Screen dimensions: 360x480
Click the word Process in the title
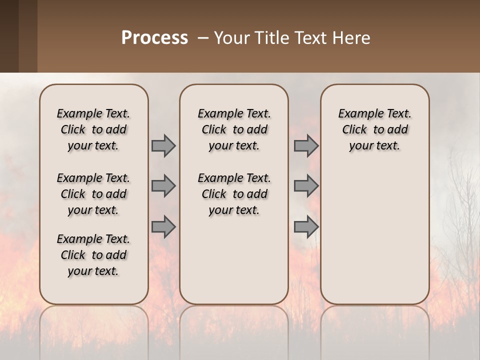click(x=154, y=38)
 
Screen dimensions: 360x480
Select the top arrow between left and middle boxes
click(x=163, y=145)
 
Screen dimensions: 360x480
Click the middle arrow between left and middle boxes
click(x=163, y=186)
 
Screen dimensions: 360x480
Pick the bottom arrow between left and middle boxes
click(x=163, y=226)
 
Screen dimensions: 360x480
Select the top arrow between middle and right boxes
click(x=306, y=145)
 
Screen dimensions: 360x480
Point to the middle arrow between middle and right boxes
click(x=306, y=186)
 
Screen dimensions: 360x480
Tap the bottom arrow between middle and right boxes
click(x=306, y=226)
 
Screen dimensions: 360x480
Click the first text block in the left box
click(x=93, y=129)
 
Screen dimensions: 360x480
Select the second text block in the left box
click(x=93, y=194)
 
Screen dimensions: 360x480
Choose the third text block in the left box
click(x=93, y=255)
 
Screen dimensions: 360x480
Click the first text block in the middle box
click(x=234, y=129)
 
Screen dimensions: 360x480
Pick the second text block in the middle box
click(x=234, y=194)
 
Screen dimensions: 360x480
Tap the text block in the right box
click(x=374, y=129)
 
